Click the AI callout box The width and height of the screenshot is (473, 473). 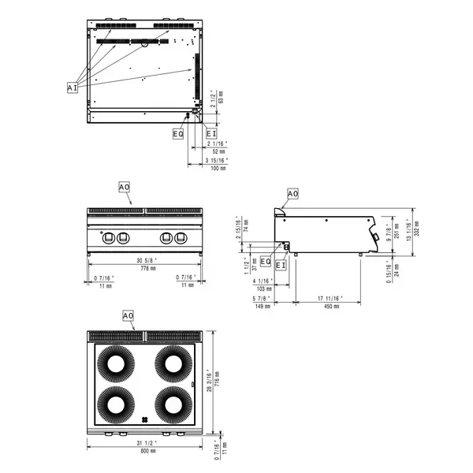coord(72,88)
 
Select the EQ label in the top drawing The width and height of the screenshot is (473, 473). coord(178,134)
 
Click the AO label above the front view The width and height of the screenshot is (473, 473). coord(125,187)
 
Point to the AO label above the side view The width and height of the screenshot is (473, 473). coord(292,193)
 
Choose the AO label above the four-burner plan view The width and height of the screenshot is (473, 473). coord(128,315)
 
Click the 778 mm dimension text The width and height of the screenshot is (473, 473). coord(144,269)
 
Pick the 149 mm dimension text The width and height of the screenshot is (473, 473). coord(262,305)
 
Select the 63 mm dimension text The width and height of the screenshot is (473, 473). coord(221,100)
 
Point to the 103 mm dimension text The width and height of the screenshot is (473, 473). coord(263,289)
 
